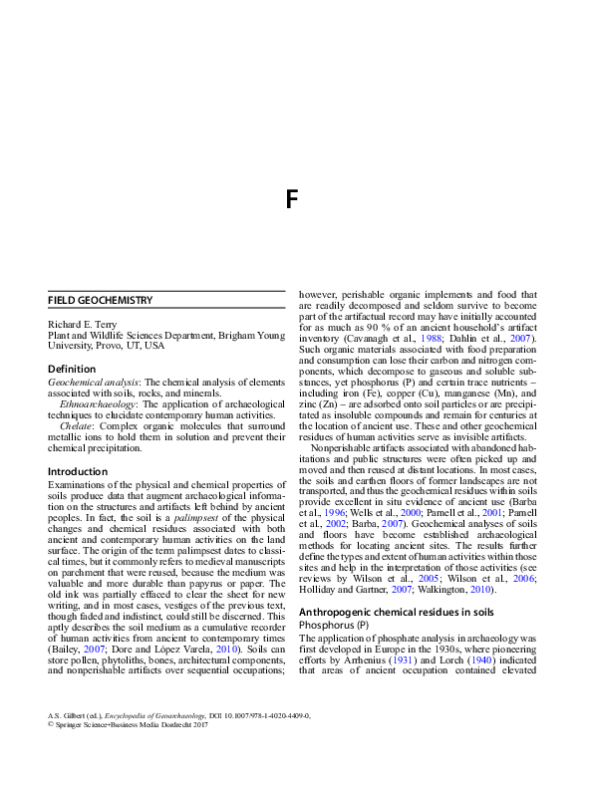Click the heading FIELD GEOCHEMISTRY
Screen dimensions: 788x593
(100, 300)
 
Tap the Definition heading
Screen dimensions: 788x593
(72, 369)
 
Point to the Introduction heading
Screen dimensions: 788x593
(78, 471)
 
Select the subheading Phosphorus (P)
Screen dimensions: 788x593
(333, 624)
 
